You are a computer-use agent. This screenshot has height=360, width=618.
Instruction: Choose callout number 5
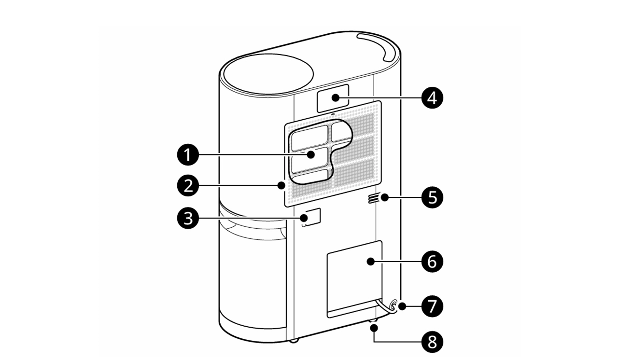click(432, 197)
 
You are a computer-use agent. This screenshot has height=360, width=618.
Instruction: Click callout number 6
click(432, 262)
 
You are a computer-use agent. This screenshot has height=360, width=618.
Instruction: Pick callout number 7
click(432, 305)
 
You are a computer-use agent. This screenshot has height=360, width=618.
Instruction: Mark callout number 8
click(432, 342)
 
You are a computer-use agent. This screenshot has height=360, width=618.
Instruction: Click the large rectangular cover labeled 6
click(354, 277)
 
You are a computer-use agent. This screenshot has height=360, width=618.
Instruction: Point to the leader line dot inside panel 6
click(370, 262)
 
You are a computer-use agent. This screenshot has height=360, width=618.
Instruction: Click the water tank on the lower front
click(253, 275)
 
